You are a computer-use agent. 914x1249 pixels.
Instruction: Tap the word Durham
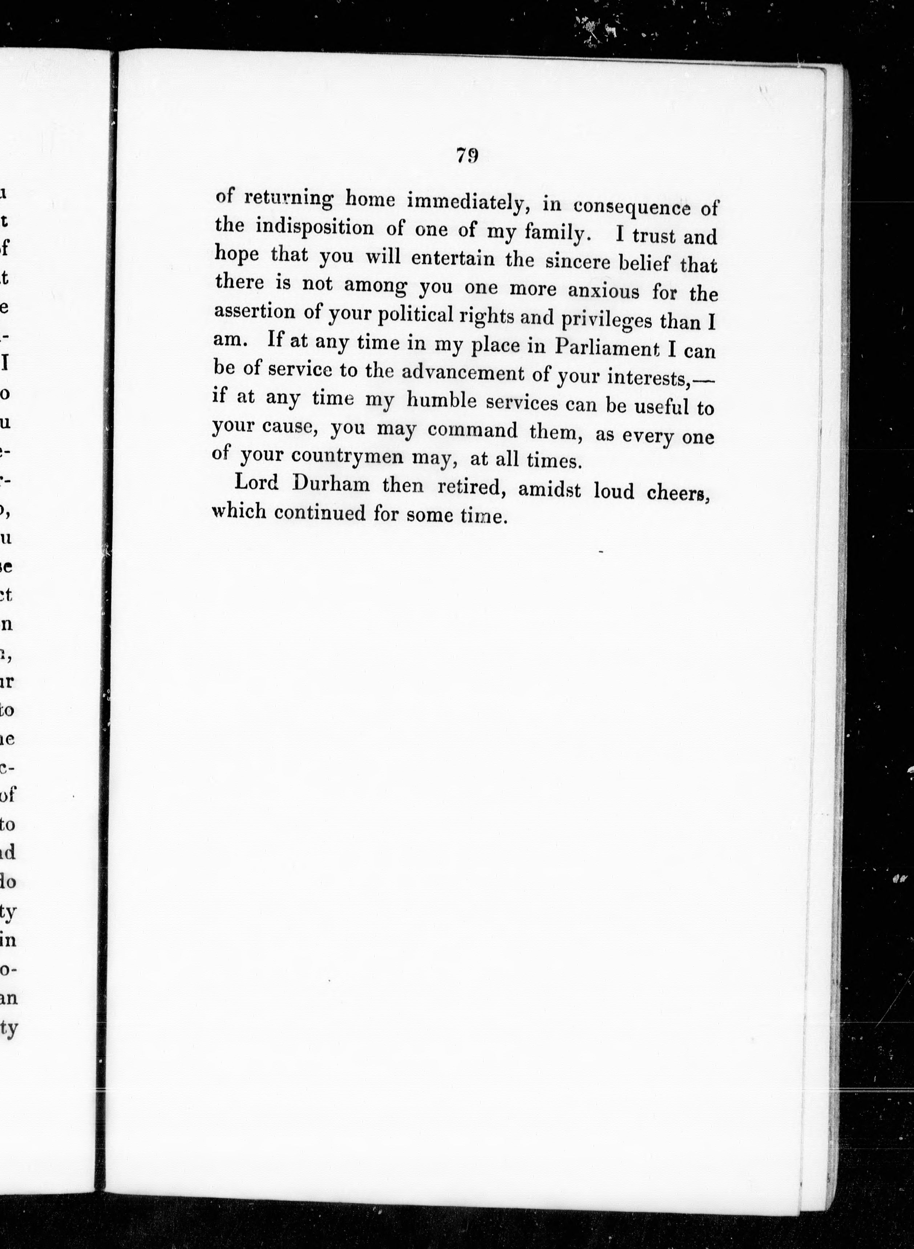click(x=331, y=484)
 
